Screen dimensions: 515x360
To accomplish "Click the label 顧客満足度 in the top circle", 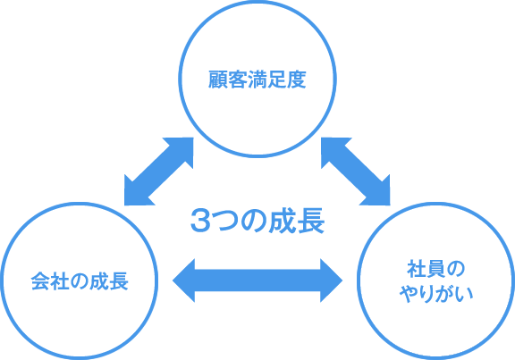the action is tap(257, 80).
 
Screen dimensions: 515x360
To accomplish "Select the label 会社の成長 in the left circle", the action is tap(80, 281).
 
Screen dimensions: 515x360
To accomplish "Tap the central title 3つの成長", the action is tap(257, 221).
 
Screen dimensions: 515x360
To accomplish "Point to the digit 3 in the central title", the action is tap(200, 221).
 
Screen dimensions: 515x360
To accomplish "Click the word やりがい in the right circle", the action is tap(436, 293).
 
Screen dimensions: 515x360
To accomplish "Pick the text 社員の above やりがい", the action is tap(435, 269).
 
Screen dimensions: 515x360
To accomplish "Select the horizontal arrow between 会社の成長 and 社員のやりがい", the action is tap(257, 280).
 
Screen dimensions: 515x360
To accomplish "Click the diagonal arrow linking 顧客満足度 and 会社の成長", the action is tap(158, 172).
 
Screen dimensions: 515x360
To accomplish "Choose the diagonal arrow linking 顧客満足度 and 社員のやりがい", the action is tap(355, 172).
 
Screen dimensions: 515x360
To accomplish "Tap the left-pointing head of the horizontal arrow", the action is tap(184, 280).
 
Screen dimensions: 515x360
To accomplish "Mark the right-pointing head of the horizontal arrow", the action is tap(332, 280).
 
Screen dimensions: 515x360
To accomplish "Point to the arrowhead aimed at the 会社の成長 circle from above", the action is tap(136, 194).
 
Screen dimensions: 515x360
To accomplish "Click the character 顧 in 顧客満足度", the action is tap(218, 80).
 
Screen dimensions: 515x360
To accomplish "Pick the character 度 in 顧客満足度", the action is tap(297, 80).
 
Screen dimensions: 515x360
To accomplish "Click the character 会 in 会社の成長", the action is tap(41, 281).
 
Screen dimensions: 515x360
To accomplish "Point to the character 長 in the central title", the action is tap(312, 221).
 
